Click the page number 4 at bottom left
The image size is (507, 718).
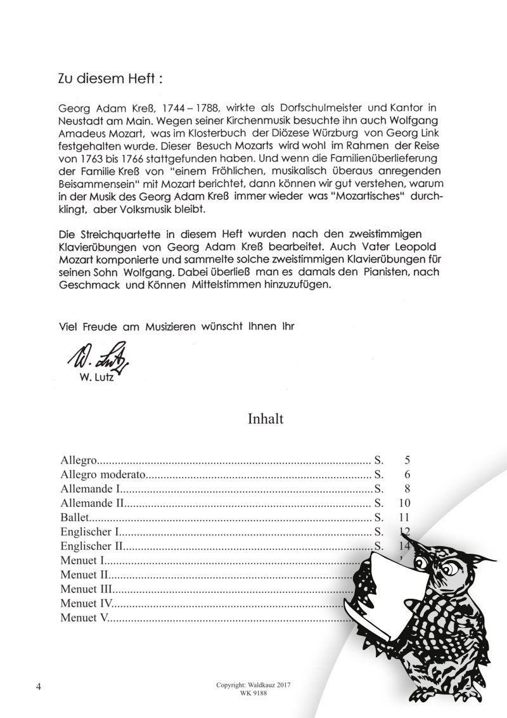click(39, 688)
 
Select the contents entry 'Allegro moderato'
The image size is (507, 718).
click(104, 475)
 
